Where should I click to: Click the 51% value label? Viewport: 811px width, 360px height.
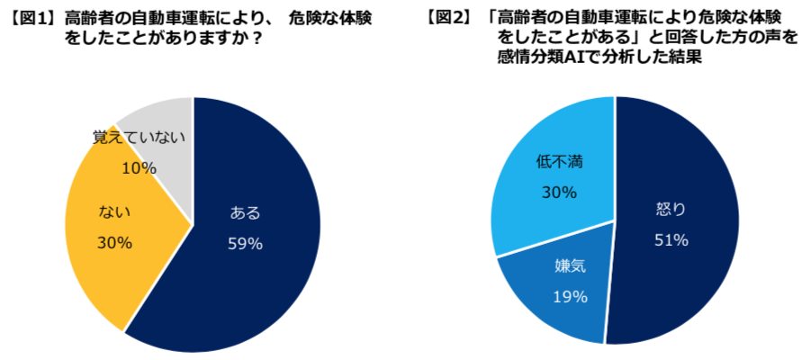pos(671,239)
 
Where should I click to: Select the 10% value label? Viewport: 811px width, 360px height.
pos(139,168)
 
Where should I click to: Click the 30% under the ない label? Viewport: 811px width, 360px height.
pos(114,243)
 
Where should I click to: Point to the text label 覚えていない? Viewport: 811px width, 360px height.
pos(139,138)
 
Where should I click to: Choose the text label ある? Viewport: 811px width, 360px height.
pos(246,213)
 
